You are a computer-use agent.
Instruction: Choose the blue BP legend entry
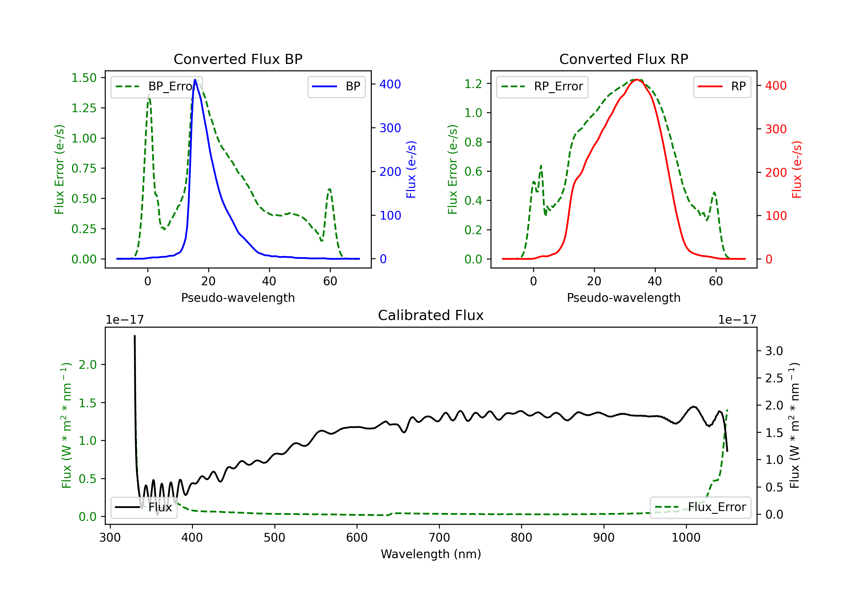pos(336,86)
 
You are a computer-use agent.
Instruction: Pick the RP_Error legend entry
pos(542,86)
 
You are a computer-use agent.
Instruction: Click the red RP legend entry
pos(722,86)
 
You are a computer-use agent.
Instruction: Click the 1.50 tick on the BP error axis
pos(84,78)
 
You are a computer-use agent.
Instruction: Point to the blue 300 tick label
pos(390,128)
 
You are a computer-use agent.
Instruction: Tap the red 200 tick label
pos(776,172)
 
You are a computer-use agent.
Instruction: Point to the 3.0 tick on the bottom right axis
pos(774,351)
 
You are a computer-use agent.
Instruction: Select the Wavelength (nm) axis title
pos(431,554)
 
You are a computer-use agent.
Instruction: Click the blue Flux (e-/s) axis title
pos(411,169)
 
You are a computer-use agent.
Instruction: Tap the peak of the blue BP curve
pos(195,80)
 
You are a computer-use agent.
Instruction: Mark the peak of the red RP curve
pos(637,80)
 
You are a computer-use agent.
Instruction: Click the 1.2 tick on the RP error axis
pos(473,84)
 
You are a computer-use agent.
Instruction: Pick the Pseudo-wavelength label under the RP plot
pos(623,298)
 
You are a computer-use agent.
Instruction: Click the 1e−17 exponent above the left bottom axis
pos(124,320)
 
